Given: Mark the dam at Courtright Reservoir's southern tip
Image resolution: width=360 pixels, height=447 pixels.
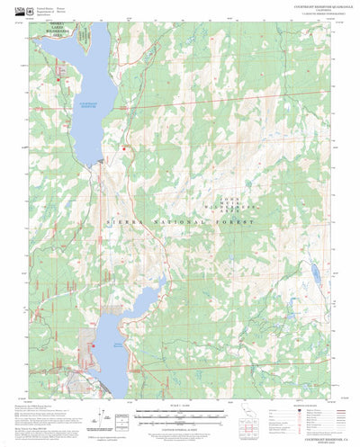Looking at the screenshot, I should (101, 162).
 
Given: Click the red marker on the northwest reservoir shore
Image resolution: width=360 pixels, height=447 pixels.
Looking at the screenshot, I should (59, 83).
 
